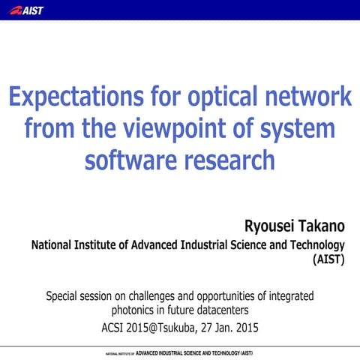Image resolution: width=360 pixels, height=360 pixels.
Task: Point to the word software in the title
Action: (x=130, y=160)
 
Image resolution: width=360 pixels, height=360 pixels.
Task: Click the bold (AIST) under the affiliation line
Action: (x=328, y=261)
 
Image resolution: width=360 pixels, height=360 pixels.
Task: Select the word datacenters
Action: (x=221, y=309)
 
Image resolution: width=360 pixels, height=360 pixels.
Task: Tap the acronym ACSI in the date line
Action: (x=114, y=327)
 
